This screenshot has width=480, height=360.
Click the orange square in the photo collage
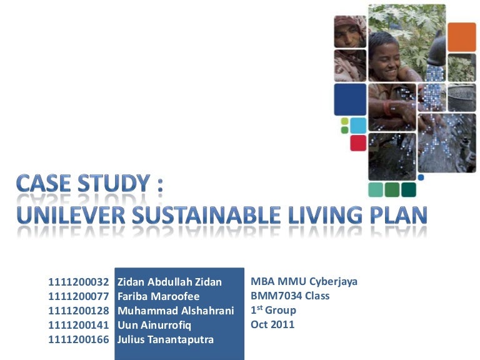point(462,37)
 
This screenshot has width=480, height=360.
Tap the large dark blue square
point(350,100)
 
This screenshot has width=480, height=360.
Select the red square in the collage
point(358,143)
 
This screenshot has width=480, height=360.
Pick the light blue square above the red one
point(358,125)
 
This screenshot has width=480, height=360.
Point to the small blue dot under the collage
point(421,177)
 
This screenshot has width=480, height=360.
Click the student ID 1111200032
point(79,282)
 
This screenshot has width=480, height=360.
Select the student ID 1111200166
point(79,339)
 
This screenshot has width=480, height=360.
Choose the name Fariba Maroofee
point(158,296)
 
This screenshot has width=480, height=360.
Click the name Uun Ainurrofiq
point(154,325)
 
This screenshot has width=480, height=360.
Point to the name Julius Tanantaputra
point(165,339)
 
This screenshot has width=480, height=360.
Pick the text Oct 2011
point(272,324)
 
